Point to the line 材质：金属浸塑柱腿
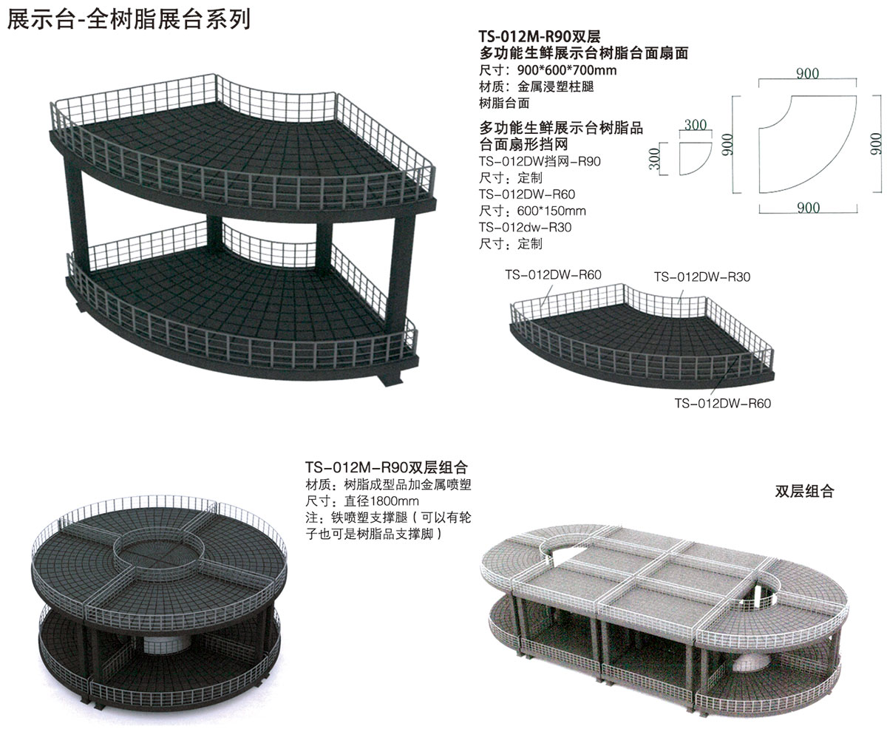[x=537, y=87]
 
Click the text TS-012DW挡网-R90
[x=540, y=161]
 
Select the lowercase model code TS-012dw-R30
[x=526, y=227]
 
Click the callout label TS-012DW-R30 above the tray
[x=702, y=277]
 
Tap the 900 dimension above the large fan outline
[x=807, y=73]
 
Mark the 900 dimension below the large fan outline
[x=807, y=208]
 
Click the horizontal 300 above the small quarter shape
[x=695, y=126]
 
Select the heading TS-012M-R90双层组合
[x=386, y=468]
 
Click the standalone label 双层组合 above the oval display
[x=804, y=492]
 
